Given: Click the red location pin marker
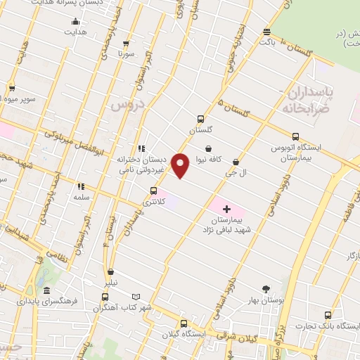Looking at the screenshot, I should click(181, 166).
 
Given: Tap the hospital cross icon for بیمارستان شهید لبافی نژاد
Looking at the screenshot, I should click(226, 209).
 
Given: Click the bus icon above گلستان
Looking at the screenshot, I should click(200, 119).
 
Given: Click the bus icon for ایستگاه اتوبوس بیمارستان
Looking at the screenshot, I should click(295, 137).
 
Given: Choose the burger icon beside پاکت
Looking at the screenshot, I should click(266, 32).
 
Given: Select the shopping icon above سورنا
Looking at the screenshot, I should click(127, 43).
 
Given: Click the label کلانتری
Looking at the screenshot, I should click(154, 202).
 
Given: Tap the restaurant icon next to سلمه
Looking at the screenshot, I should click(81, 186).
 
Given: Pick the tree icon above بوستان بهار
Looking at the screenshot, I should click(266, 288).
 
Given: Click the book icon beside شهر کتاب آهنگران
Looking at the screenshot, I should click(136, 297).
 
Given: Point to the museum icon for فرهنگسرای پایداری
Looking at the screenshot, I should click(46, 291).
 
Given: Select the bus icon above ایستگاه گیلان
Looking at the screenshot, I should click(184, 324).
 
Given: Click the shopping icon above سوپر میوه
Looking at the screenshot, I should click(12, 88).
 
